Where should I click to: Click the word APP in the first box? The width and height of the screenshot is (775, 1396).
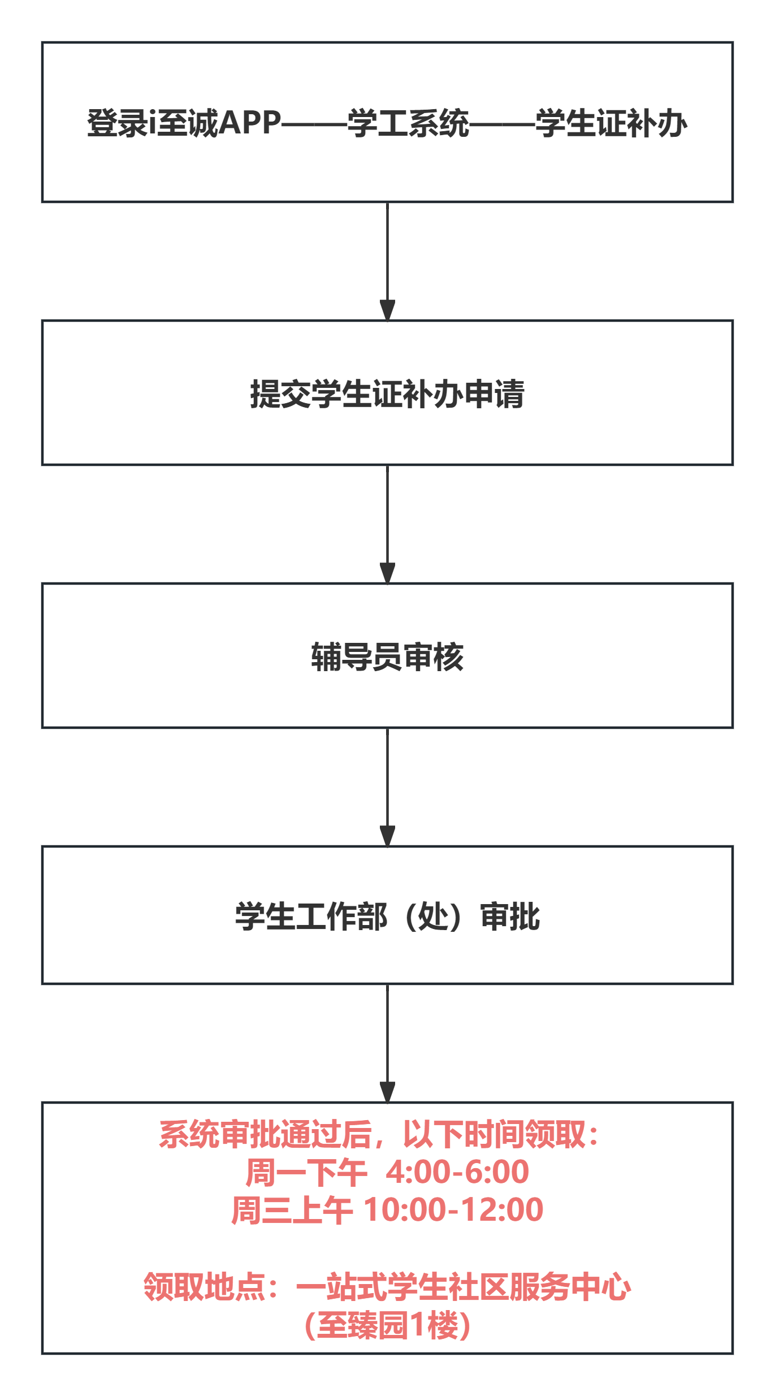tap(249, 123)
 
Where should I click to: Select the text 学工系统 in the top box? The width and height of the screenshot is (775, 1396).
tap(408, 123)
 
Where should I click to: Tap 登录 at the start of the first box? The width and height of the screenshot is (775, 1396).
tap(118, 123)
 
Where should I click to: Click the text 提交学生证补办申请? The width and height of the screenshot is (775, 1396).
tap(387, 394)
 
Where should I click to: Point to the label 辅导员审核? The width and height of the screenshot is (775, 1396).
tap(387, 657)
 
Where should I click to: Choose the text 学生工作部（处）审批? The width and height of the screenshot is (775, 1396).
tap(387, 917)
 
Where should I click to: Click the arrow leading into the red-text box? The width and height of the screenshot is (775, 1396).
tap(387, 1043)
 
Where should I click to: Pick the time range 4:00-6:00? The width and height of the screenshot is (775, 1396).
tap(457, 1172)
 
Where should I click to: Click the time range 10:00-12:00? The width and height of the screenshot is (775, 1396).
tap(453, 1210)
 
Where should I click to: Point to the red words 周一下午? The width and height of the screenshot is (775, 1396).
tap(306, 1172)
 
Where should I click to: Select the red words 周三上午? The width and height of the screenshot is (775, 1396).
tap(292, 1210)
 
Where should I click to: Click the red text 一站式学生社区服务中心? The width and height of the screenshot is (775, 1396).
tap(463, 1287)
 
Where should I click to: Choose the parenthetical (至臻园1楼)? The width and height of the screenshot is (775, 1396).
tap(387, 1325)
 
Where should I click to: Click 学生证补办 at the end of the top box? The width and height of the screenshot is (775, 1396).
tap(611, 123)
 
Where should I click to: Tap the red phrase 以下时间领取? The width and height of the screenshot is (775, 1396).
tap(494, 1134)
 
